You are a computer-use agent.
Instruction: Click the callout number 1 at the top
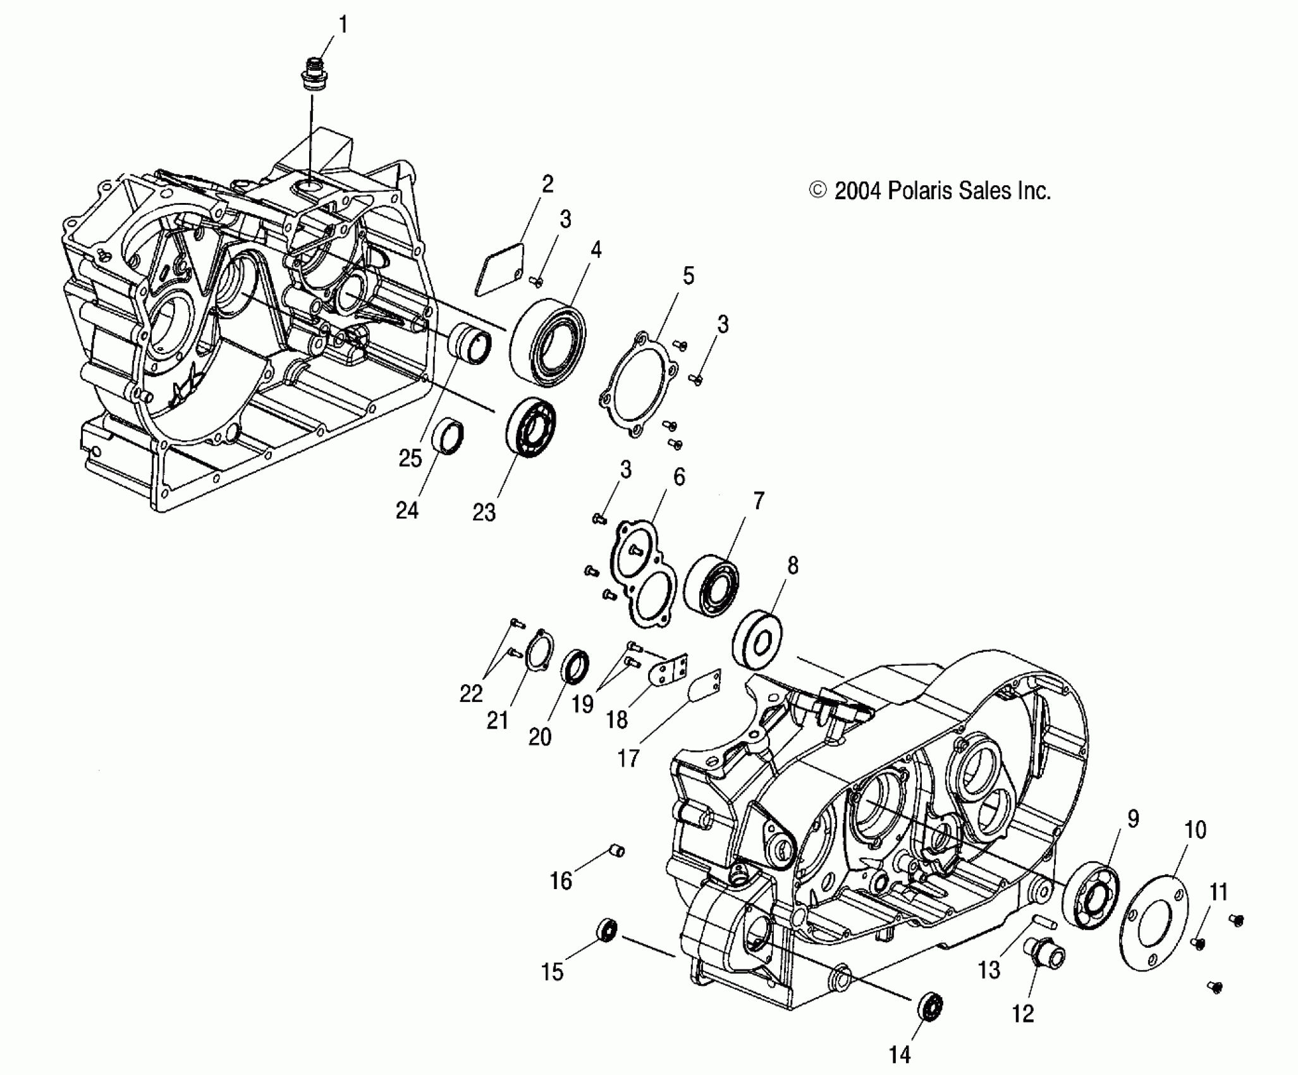tap(343, 26)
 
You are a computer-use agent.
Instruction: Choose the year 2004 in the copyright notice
tap(857, 190)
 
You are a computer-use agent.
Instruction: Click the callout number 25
tap(410, 458)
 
